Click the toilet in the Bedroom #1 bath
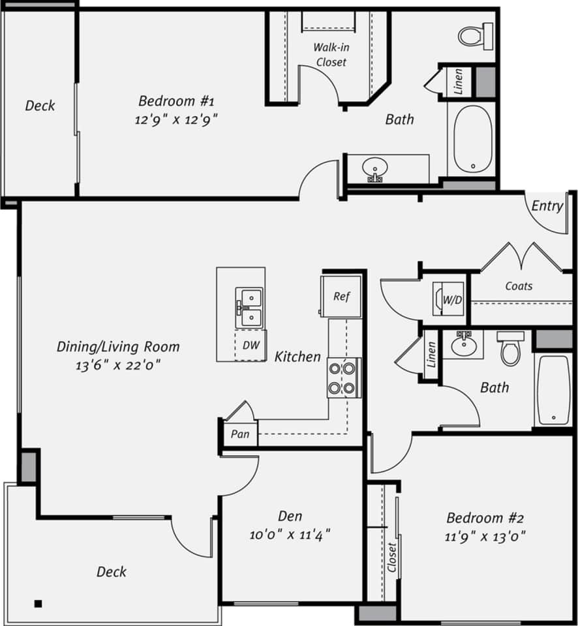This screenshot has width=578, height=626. click(x=475, y=34)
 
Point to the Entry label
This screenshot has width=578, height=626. click(x=547, y=206)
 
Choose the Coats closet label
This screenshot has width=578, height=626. click(x=519, y=286)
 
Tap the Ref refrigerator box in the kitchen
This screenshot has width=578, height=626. click(x=341, y=296)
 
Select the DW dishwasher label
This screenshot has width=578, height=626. click(x=251, y=346)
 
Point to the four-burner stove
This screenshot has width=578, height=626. click(x=343, y=378)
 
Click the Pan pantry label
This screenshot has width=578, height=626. click(x=240, y=434)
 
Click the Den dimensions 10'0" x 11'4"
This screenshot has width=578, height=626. click(x=290, y=535)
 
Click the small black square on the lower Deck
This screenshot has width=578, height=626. click(x=38, y=603)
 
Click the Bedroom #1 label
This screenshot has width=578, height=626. click(x=176, y=101)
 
